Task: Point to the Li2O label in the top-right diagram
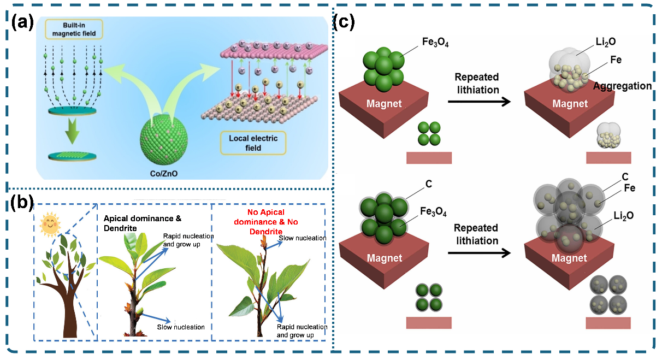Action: tap(606, 41)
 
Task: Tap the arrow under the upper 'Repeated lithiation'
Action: tap(476, 102)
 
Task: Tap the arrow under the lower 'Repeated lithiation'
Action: tap(476, 253)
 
